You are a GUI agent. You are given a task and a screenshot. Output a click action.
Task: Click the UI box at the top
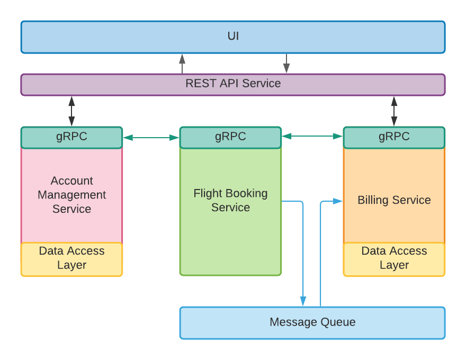(233, 37)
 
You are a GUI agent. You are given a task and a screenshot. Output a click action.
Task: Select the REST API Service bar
(233, 84)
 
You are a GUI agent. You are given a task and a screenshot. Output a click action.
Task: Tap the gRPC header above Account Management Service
(71, 137)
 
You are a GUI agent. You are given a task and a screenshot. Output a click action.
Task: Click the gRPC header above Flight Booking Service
(230, 137)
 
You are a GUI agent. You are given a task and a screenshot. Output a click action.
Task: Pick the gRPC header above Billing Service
(394, 137)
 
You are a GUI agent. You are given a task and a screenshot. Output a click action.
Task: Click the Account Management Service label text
(71, 195)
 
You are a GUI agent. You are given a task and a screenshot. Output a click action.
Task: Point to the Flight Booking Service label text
(230, 200)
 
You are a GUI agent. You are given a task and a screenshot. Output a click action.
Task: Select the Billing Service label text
(394, 200)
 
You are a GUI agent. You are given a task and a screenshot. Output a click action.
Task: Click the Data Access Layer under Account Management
(71, 258)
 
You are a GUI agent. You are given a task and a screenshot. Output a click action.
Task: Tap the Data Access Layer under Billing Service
(394, 258)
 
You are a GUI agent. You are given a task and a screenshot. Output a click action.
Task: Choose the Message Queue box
(312, 322)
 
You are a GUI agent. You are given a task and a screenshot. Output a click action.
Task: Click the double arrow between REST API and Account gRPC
(71, 111)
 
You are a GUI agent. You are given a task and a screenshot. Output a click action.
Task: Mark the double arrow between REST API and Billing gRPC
(394, 111)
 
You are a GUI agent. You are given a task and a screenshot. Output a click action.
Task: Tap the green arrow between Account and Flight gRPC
(151, 138)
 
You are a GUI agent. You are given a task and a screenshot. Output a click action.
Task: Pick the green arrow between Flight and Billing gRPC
(312, 137)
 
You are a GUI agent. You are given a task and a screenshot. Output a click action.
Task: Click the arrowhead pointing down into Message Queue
(303, 301)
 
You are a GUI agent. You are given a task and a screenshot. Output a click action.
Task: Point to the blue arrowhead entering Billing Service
(338, 201)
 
